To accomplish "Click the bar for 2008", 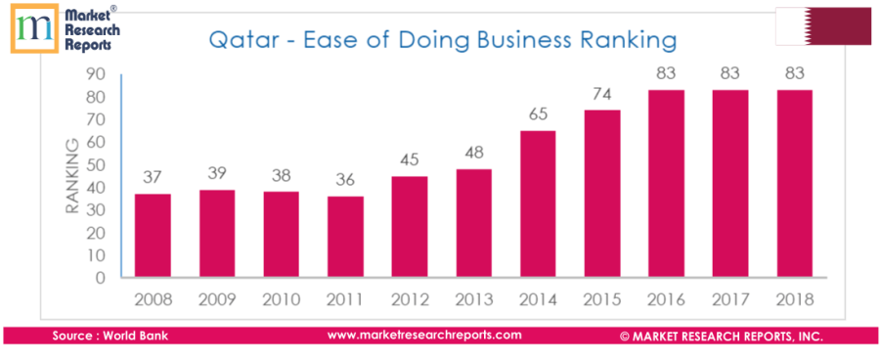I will tap(153, 236).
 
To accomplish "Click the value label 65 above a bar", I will tap(538, 115).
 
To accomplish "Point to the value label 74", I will tap(602, 95).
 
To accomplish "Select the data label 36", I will tap(345, 180).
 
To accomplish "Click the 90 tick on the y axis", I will tap(96, 74).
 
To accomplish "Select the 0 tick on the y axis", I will tap(101, 278).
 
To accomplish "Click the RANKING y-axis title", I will tap(70, 177).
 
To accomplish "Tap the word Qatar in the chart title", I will tap(236, 41).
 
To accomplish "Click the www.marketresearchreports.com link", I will tap(424, 335).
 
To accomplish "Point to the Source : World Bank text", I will tap(110, 336).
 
